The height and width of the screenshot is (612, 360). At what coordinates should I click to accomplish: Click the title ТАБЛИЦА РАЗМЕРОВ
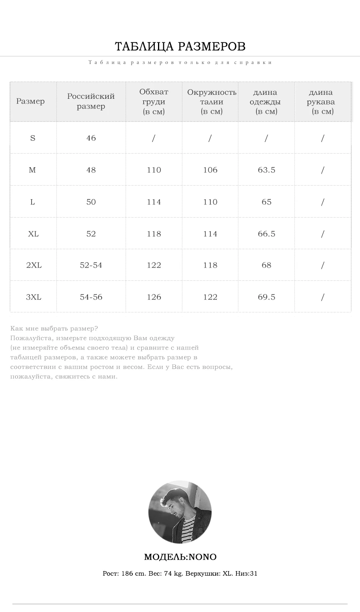click(x=180, y=46)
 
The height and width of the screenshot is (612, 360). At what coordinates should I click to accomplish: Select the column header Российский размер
click(x=91, y=101)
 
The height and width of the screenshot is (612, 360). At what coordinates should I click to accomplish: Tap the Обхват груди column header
click(x=154, y=102)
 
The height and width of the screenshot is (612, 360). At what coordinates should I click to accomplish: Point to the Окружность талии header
click(x=211, y=102)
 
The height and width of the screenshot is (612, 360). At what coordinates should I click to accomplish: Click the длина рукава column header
click(x=321, y=102)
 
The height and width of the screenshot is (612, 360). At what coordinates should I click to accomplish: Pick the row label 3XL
click(x=34, y=297)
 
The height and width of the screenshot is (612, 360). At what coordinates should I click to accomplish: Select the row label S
click(x=33, y=138)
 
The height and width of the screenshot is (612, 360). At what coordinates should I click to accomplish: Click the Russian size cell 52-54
click(x=91, y=265)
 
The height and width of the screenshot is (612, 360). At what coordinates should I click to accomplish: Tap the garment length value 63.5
click(x=266, y=170)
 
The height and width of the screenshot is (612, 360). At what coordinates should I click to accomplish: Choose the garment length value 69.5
click(x=266, y=297)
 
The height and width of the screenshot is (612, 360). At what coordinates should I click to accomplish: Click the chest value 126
click(x=154, y=297)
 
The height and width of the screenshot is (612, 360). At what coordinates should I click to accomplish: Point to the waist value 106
click(x=210, y=170)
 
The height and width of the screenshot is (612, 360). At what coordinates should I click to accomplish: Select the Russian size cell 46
click(x=91, y=138)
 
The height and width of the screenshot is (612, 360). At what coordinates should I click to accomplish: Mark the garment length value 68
click(x=266, y=265)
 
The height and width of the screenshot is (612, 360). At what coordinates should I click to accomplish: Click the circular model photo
click(x=180, y=512)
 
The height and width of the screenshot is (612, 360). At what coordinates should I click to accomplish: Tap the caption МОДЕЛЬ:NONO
click(x=180, y=557)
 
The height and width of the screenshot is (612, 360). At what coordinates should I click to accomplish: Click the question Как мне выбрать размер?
click(x=54, y=328)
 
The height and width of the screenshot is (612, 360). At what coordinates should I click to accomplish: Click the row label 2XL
click(x=34, y=265)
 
